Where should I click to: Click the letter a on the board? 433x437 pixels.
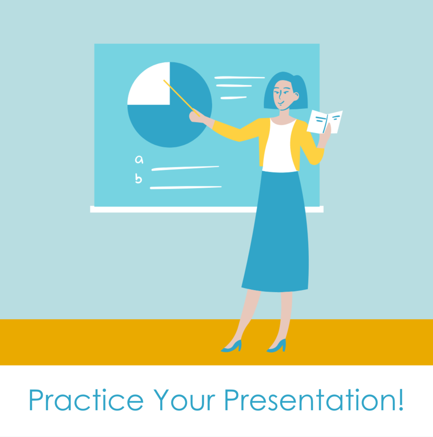click(x=139, y=160)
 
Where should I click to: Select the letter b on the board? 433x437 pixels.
click(x=138, y=178)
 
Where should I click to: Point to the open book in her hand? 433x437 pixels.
click(x=325, y=121)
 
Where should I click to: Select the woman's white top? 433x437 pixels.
click(x=280, y=147)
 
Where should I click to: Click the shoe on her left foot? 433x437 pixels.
click(x=277, y=346)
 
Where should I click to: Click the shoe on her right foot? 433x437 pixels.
click(x=232, y=346)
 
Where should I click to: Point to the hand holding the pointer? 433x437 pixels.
click(x=195, y=116)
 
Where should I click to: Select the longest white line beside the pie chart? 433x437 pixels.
click(x=239, y=78)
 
